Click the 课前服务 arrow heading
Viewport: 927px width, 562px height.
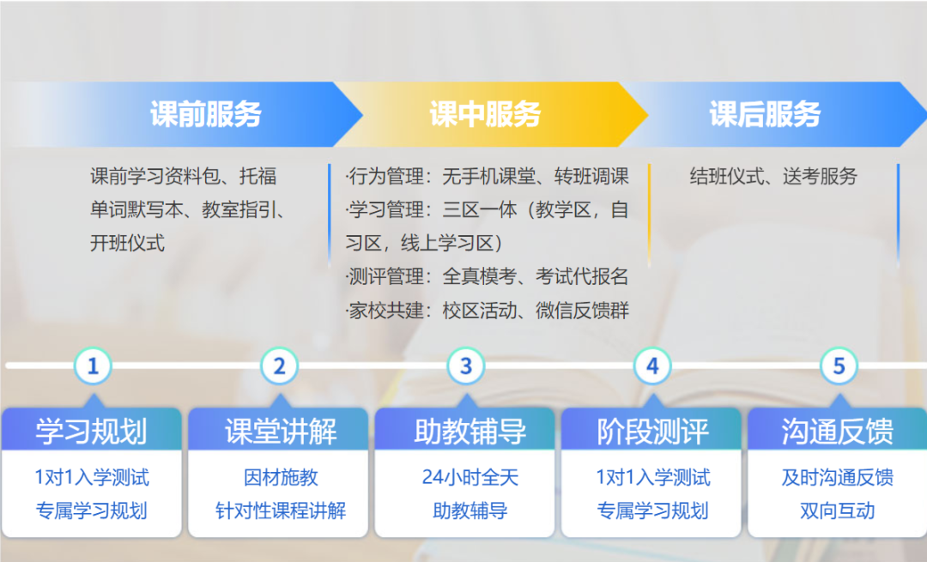(206, 114)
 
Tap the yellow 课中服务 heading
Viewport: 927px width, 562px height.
(485, 114)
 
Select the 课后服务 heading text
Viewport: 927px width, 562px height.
(765, 114)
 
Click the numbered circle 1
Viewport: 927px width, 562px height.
(93, 366)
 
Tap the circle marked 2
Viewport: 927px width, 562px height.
(279, 366)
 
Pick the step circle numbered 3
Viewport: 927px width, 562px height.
(466, 366)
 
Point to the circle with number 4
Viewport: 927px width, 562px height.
(652, 366)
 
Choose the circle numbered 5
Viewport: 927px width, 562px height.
(839, 366)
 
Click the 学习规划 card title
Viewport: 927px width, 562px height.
(91, 431)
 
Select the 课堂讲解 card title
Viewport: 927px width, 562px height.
(281, 431)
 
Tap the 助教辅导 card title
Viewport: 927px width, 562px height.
(470, 431)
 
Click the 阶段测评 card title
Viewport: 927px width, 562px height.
(652, 431)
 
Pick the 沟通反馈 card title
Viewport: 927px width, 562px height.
(837, 431)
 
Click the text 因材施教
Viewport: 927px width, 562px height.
(281, 477)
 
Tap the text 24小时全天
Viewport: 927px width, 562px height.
(470, 477)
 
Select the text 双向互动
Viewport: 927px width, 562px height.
(837, 511)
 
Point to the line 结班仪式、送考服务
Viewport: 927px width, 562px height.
(773, 176)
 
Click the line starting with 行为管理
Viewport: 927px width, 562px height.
(488, 176)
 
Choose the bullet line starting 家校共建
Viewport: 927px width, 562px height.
(488, 311)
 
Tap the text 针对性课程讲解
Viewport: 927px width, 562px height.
(281, 511)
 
